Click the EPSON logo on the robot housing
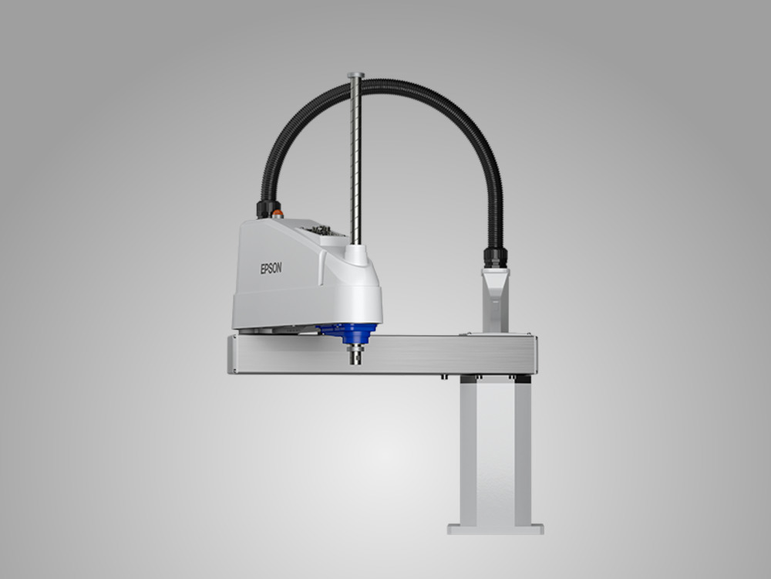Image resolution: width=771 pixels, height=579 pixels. click(271, 269)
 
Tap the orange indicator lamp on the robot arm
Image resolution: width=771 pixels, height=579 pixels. click(278, 214)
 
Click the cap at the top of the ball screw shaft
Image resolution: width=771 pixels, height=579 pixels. click(355, 76)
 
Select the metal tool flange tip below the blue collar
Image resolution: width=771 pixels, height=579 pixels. click(355, 355)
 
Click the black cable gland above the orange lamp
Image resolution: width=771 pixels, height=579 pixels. click(268, 208)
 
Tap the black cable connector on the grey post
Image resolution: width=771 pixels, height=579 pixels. click(495, 258)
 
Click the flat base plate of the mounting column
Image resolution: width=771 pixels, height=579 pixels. click(496, 530)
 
